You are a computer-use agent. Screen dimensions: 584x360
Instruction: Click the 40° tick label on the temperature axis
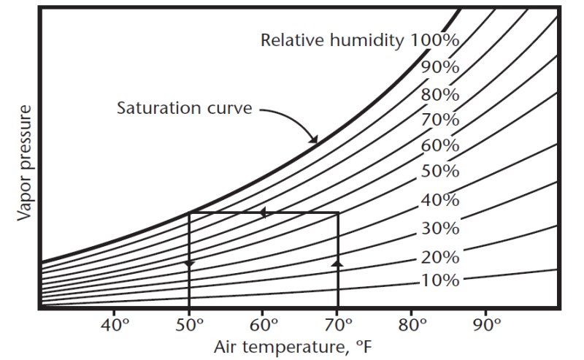(115, 326)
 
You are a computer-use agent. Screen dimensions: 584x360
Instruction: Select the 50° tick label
(189, 326)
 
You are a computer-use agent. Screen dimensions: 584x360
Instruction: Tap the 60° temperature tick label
(264, 326)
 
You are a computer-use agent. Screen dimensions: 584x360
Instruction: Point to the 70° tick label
(338, 326)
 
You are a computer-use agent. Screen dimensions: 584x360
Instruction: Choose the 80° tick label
(412, 326)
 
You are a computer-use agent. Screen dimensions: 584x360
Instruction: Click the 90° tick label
(487, 326)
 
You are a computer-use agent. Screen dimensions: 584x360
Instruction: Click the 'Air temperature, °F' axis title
(293, 348)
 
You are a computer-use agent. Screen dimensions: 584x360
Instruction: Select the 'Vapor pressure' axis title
(25, 163)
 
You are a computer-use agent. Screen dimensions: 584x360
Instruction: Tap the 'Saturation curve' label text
(185, 108)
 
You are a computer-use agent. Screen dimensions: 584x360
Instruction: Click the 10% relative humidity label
(440, 280)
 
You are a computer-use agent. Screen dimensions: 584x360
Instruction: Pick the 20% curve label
(440, 257)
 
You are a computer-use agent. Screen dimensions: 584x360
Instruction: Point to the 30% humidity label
(440, 228)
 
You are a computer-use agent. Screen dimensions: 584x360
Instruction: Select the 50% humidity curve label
(440, 171)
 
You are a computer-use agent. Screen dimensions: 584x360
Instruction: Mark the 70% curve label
(440, 120)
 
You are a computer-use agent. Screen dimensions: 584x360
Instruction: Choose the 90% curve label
(440, 67)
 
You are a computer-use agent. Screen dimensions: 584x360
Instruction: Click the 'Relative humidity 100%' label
(360, 40)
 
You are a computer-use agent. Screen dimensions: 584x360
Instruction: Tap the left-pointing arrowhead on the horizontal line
(263, 212)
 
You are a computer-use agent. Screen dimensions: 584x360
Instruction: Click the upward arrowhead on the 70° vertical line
(338, 263)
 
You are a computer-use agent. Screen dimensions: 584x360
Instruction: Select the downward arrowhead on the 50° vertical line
(189, 264)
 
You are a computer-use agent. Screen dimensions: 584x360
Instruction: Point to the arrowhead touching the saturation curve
(314, 139)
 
